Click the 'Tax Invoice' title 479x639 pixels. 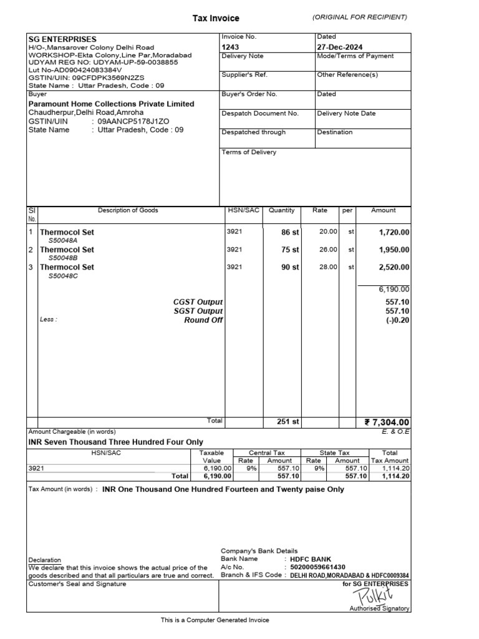pos(215,19)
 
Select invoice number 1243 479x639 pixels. pos(230,47)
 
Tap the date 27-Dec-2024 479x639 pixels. pos(340,47)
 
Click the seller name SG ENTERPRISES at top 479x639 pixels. pos(62,39)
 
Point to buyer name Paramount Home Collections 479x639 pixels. pos(112,104)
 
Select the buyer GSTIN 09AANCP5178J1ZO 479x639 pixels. pos(133,121)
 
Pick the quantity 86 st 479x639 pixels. pos(290,232)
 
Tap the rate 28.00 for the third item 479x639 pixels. pos(328,266)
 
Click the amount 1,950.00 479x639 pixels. pos(394,250)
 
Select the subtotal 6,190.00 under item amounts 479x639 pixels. pos(394,289)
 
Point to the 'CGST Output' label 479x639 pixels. pos(198,302)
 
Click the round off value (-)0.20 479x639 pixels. pos(397,320)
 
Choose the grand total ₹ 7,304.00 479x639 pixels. pos(387,422)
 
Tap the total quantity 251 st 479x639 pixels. pos(288,422)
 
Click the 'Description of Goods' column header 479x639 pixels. pos(128,210)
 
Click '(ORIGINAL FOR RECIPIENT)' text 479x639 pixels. pos(360,17)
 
